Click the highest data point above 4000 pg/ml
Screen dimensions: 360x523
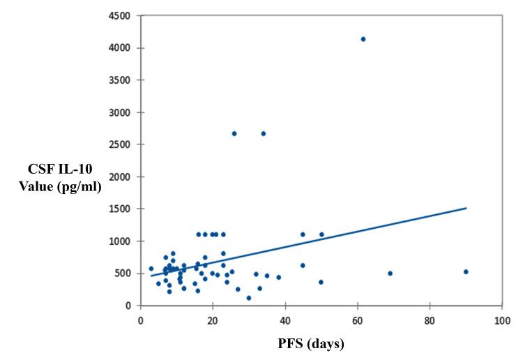tap(363, 39)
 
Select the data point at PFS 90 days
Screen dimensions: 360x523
tap(466, 271)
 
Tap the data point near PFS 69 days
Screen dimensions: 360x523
tap(390, 273)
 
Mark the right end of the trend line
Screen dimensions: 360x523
tap(466, 208)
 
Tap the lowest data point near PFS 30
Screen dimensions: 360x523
tap(249, 298)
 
